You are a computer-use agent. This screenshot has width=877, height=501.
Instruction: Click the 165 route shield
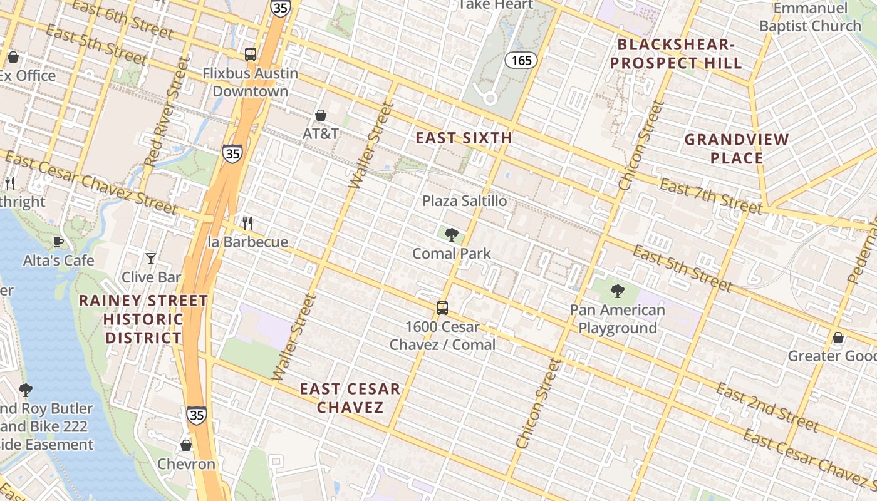(521, 60)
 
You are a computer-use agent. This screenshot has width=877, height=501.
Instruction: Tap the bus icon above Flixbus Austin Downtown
(251, 54)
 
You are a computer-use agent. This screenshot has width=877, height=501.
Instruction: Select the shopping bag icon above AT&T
(321, 115)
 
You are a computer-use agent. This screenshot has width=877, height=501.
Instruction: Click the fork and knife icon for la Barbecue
(247, 223)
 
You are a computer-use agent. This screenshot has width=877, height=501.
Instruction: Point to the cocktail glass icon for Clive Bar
(151, 258)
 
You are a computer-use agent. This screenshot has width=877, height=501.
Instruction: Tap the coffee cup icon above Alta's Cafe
(58, 242)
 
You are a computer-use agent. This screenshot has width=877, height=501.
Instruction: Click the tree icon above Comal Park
(451, 235)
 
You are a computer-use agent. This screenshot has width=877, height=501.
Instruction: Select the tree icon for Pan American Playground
(617, 291)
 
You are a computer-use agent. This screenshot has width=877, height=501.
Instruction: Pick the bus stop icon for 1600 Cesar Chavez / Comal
(442, 308)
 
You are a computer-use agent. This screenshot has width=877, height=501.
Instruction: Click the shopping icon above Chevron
(186, 445)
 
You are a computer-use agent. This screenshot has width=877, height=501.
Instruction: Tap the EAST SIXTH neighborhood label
(464, 138)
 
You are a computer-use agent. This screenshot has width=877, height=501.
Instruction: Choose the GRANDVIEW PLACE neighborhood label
(737, 148)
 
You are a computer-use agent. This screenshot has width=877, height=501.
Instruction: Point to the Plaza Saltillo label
(464, 201)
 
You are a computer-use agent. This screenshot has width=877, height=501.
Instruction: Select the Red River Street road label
(166, 111)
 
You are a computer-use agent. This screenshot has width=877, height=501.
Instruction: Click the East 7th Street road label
(711, 195)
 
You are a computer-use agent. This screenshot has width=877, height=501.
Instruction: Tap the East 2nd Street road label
(767, 408)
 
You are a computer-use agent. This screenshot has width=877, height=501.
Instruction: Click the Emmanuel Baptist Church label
(811, 18)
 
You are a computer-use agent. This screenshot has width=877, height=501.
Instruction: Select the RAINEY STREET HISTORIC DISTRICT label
(143, 319)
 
